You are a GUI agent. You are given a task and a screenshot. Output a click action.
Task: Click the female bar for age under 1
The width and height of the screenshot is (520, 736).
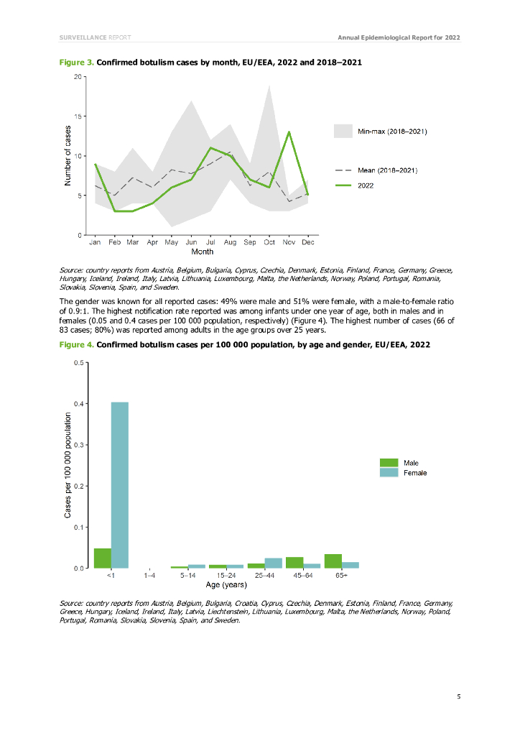(119, 485)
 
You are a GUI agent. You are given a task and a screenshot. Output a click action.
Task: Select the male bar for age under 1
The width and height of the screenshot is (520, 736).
(103, 558)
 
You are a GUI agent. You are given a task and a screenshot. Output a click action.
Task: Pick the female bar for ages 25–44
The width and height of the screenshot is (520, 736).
(273, 563)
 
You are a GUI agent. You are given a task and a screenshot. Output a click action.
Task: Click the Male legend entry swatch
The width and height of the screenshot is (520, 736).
(389, 463)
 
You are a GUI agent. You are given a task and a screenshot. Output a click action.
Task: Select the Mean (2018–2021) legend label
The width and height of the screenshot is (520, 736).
(388, 170)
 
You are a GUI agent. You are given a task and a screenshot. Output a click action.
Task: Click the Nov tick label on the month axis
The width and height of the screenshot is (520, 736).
(288, 243)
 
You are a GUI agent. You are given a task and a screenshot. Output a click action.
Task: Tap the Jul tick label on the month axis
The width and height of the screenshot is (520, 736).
(211, 243)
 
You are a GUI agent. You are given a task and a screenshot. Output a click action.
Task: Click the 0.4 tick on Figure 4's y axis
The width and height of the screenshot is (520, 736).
(78, 403)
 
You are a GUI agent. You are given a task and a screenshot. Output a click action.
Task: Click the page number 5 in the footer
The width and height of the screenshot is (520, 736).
(458, 696)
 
